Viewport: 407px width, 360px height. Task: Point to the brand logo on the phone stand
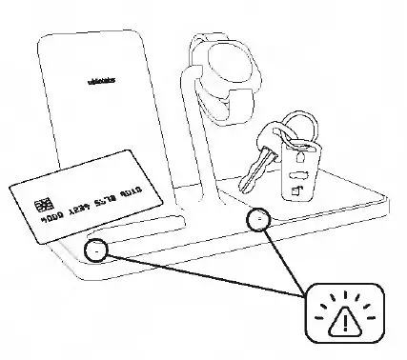coord(94,83)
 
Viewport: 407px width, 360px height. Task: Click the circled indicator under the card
coord(95,250)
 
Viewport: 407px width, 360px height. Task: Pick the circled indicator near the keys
coord(258,220)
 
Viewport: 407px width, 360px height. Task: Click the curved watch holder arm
coord(199,133)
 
